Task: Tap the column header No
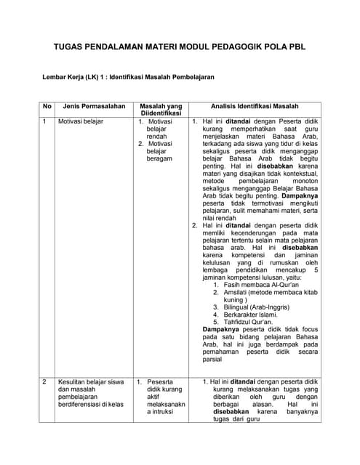pyautogui.click(x=47, y=106)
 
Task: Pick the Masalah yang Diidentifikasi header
pyautogui.click(x=159, y=110)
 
